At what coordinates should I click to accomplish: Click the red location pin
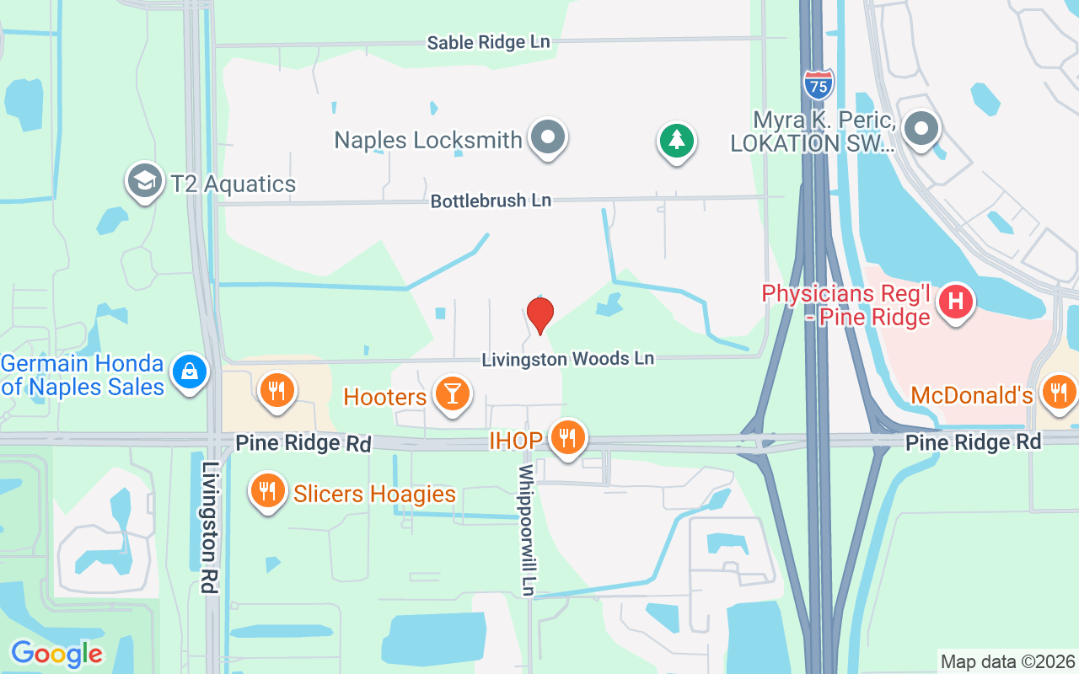coord(539,315)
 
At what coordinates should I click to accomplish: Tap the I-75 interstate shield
coord(818,84)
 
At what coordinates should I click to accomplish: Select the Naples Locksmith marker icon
coord(549,136)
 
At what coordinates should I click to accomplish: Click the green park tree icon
coord(675,140)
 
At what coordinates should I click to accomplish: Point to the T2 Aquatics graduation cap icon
coord(145,180)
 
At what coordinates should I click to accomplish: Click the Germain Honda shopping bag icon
coord(190,371)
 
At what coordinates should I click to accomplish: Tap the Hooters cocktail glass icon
coord(452,393)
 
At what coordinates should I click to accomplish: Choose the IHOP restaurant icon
coord(568,437)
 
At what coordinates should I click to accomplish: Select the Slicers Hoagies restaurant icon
coord(268,489)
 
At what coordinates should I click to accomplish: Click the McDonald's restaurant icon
coord(1057,391)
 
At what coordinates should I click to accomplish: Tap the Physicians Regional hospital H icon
coord(956,301)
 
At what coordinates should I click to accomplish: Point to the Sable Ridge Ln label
coord(488,42)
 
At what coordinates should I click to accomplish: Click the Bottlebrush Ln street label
coord(491,201)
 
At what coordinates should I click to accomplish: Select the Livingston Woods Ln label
coord(567,359)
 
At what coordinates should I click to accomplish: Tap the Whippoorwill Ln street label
coord(527,530)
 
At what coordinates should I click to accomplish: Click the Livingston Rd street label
coord(210,527)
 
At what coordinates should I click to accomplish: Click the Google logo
coord(56,653)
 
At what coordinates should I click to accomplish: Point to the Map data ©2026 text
coord(1007,662)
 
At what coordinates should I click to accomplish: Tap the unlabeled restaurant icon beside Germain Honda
coord(276,389)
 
